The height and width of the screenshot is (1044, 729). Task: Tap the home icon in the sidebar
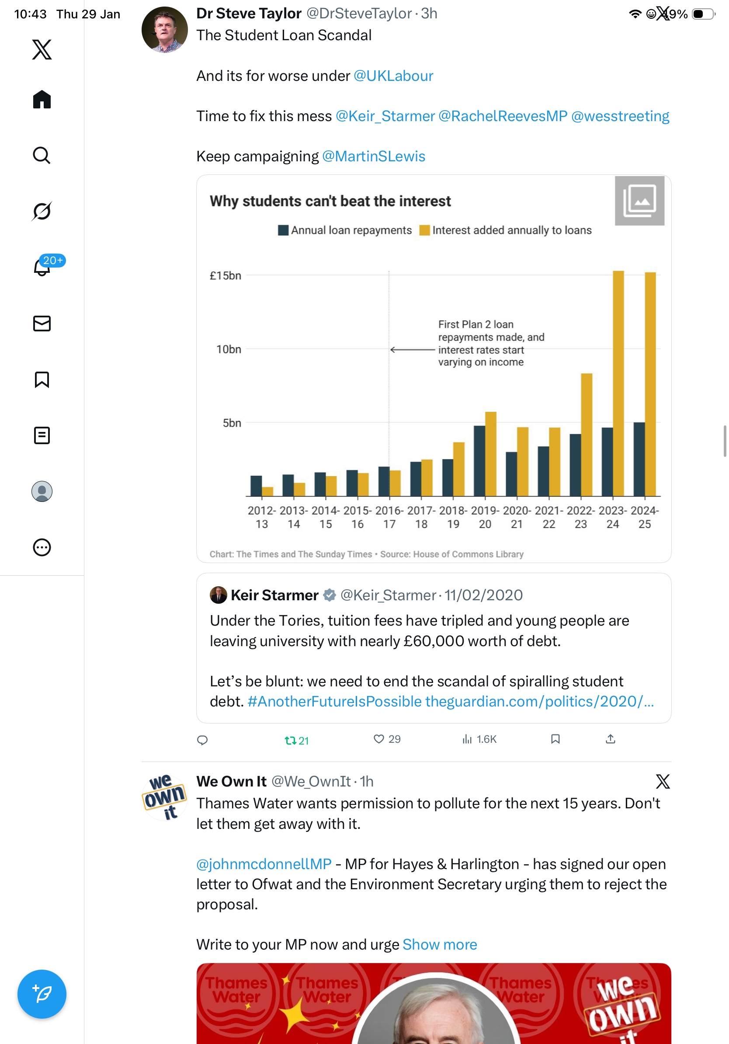coord(42,100)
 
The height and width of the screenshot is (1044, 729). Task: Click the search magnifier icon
coord(42,156)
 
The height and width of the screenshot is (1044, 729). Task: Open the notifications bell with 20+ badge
coord(42,267)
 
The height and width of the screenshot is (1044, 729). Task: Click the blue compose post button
coord(42,994)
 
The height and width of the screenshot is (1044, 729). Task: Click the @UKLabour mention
coord(393,76)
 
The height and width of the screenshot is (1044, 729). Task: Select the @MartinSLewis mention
coord(374,157)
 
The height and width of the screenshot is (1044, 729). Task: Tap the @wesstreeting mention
coord(620,116)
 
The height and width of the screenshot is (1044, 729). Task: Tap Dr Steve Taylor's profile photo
coord(164,30)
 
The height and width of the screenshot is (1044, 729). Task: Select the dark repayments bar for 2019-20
coord(479,460)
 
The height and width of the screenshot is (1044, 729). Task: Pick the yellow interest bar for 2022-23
coord(586,434)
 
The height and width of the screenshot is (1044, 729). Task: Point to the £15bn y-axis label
coord(225,275)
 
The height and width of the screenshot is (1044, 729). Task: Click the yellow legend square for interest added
coord(424,230)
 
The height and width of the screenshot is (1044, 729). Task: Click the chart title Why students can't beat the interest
coord(330,201)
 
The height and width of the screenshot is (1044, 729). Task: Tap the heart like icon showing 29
coord(378,739)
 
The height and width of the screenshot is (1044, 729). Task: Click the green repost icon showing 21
coord(290,741)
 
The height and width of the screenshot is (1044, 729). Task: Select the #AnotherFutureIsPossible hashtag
coord(334,702)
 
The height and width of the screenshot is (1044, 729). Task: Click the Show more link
coord(440,944)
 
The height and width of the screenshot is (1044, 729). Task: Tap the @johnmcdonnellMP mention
coord(264,864)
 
